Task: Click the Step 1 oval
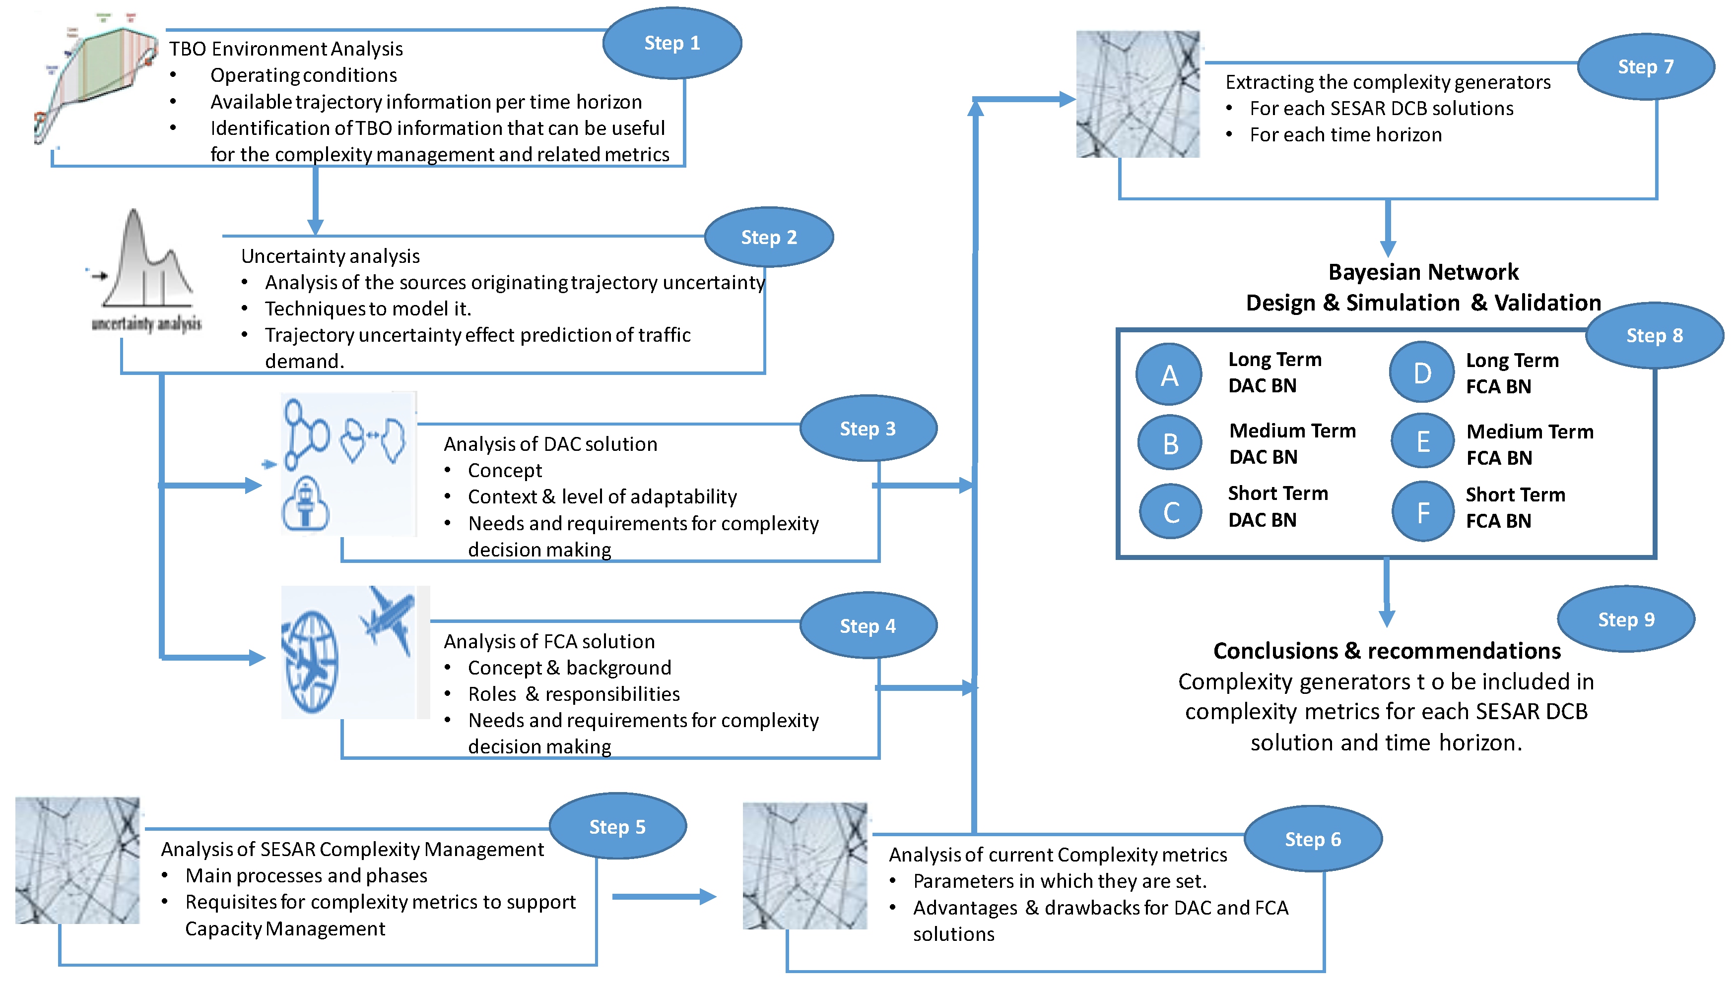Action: [671, 43]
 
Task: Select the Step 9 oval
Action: [1626, 619]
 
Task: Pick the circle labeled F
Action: [1423, 512]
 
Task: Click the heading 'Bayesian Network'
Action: [1423, 272]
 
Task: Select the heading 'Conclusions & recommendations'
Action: [1386, 650]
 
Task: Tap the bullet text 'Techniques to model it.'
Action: [368, 308]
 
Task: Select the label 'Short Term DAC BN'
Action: [1277, 506]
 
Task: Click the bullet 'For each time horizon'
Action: [1345, 134]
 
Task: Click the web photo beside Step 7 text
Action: [1137, 94]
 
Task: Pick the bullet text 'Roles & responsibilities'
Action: [573, 694]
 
